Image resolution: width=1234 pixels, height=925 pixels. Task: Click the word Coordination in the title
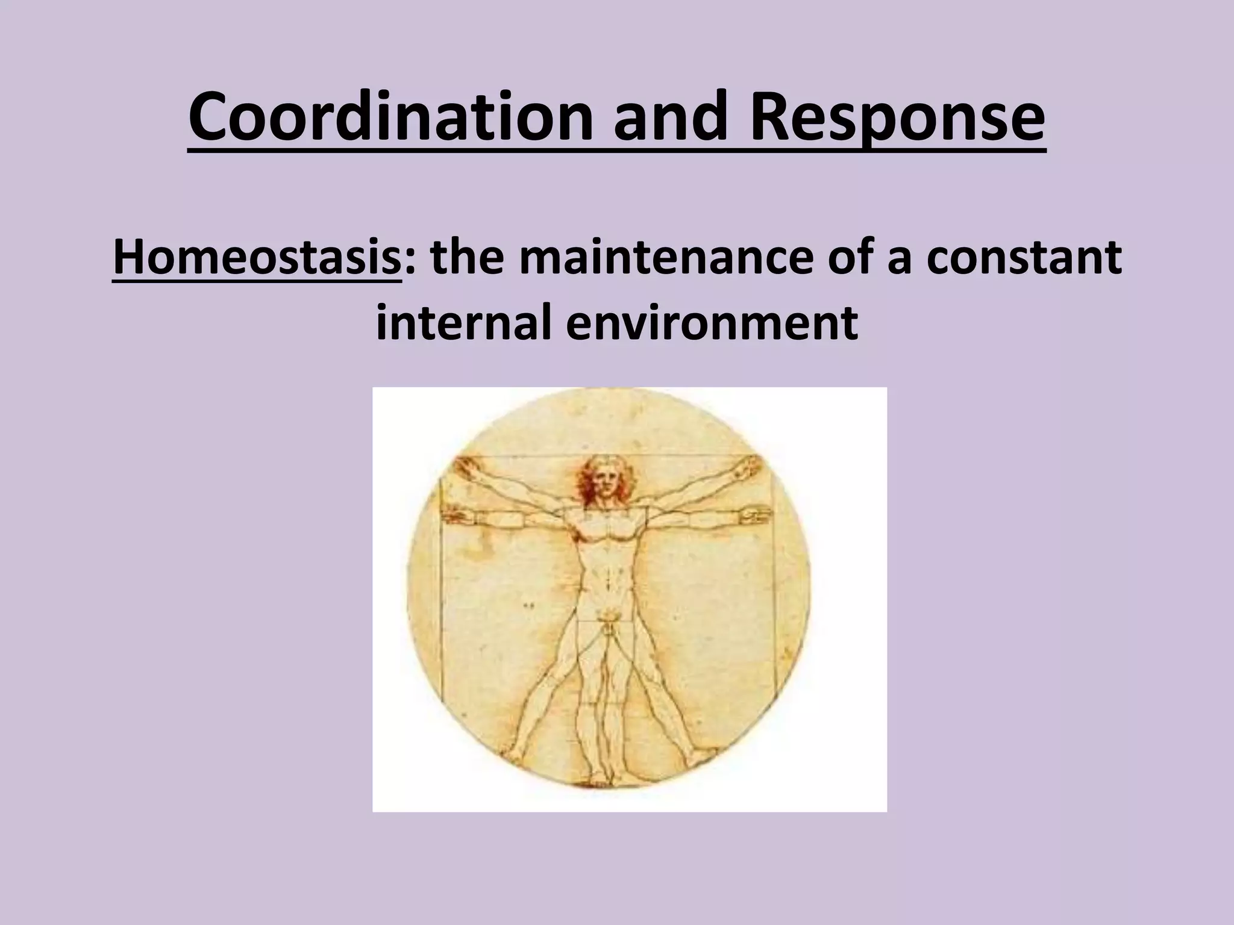coord(389,120)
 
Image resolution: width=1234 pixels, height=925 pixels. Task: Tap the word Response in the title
coord(897,120)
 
